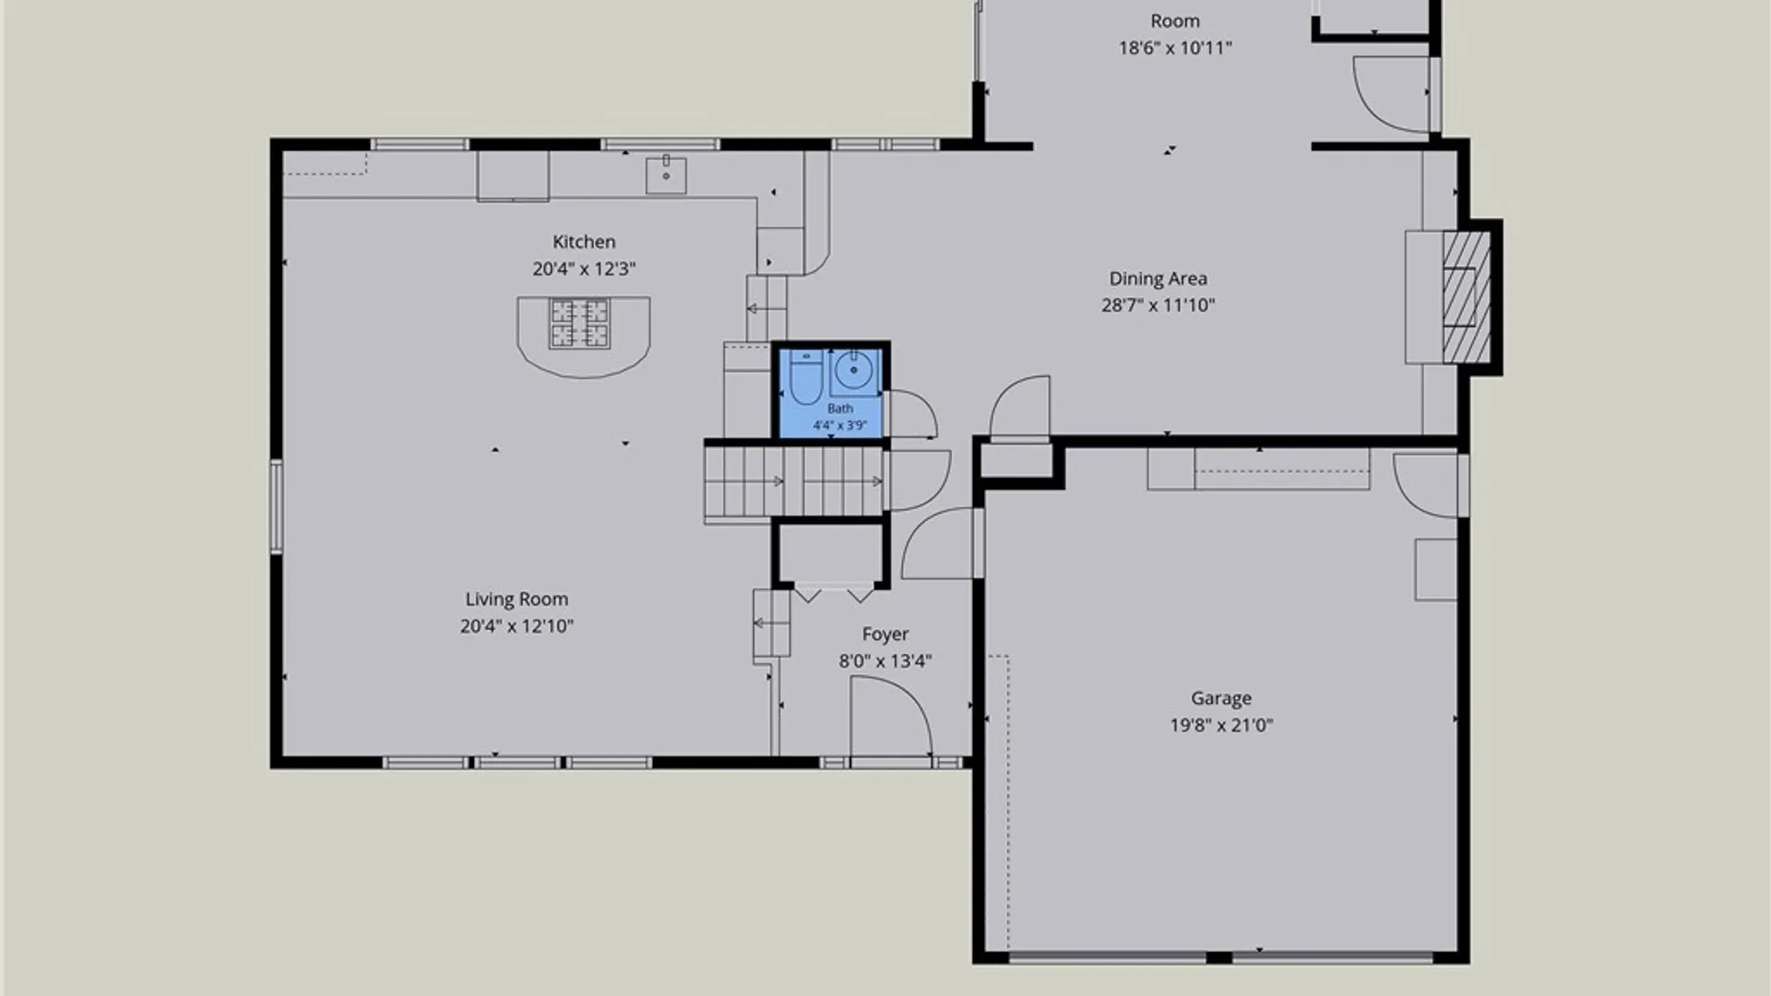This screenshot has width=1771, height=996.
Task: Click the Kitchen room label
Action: point(584,242)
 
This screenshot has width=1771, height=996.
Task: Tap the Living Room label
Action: point(517,599)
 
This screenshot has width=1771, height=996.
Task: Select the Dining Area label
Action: point(1158,279)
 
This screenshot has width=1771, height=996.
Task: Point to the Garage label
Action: point(1221,698)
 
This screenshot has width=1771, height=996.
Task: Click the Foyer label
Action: point(885,634)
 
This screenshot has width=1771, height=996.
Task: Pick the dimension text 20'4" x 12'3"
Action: point(584,269)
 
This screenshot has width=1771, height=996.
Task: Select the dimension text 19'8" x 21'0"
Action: point(1221,726)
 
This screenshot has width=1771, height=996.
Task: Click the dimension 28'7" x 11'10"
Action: point(1158,305)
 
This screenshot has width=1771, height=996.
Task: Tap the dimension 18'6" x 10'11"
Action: point(1175,48)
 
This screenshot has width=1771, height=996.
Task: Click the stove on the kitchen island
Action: point(580,324)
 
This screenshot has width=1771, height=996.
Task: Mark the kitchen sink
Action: point(666,174)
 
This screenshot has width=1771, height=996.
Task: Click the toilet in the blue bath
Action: point(805,377)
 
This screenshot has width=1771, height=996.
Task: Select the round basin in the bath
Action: point(854,372)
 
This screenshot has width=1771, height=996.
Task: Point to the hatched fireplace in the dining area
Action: point(1466,297)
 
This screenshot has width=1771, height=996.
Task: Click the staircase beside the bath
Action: point(793,481)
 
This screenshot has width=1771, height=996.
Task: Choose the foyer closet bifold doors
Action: point(834,593)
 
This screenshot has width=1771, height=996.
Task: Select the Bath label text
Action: point(840,409)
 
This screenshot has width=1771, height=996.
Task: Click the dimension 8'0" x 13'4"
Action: point(885,661)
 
